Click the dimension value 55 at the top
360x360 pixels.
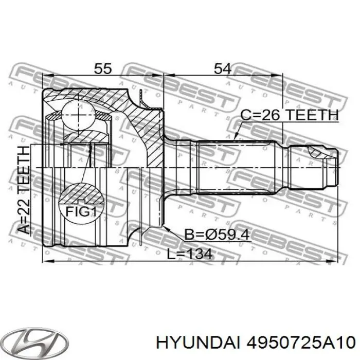pos(103,68)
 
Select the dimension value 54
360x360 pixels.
pos(223,68)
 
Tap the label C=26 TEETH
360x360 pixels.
pos(290,115)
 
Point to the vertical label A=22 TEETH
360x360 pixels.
pos(24,190)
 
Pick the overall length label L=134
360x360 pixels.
pos(190,255)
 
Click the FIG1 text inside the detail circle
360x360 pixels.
pos(81,211)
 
